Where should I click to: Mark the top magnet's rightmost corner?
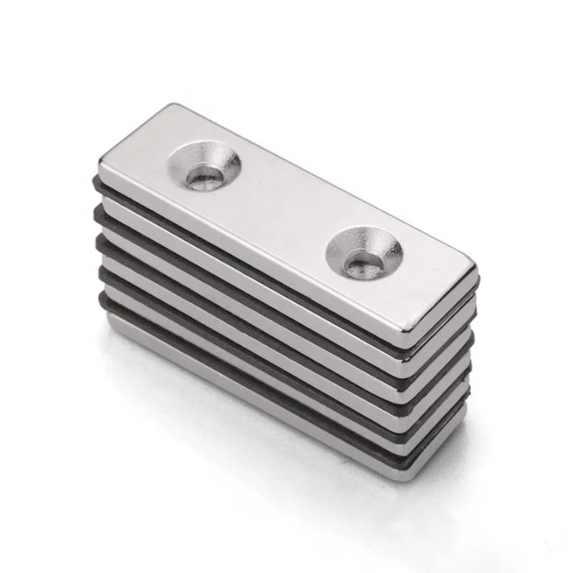click(x=475, y=271)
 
